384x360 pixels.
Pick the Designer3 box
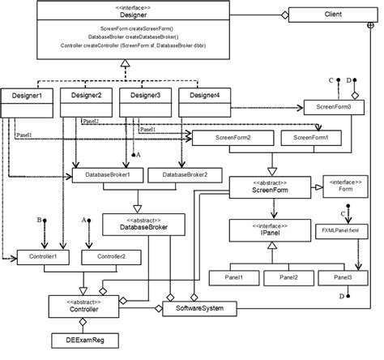(x=143, y=96)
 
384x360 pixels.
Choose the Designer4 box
(x=199, y=96)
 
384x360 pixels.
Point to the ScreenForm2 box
(x=232, y=138)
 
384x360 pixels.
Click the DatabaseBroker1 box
(x=107, y=174)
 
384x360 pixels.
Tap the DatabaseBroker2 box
(x=186, y=174)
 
